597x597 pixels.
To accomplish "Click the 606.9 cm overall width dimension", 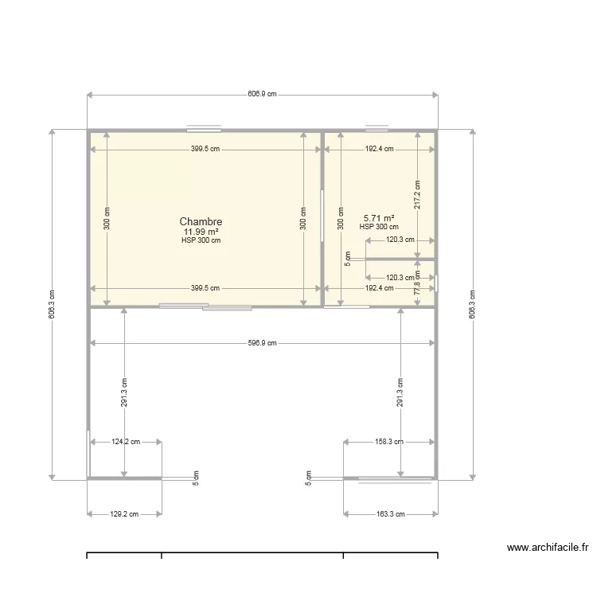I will click(262, 94).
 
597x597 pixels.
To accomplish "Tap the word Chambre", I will click(201, 221).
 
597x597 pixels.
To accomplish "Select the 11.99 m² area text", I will click(201, 232).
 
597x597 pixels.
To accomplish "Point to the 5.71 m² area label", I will click(379, 218).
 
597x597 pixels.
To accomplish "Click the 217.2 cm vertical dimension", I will click(418, 195).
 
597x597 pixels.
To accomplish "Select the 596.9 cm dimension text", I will click(262, 343).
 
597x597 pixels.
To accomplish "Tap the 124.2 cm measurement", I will click(125, 441).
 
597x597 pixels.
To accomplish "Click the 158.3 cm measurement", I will click(389, 441).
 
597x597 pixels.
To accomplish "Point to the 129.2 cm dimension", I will click(123, 514).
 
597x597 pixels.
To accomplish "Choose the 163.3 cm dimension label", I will click(389, 514).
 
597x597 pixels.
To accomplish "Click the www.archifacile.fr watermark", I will click(547, 548).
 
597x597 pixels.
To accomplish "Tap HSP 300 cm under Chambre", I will click(201, 240).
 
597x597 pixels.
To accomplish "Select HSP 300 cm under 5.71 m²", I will click(379, 227).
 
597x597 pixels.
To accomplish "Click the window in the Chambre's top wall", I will click(204, 129).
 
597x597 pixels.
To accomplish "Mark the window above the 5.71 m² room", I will click(377, 128).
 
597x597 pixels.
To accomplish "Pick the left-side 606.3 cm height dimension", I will click(52, 303).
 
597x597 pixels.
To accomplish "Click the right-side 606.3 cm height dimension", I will click(473, 303).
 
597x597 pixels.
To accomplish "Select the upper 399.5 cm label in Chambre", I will click(205, 148).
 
